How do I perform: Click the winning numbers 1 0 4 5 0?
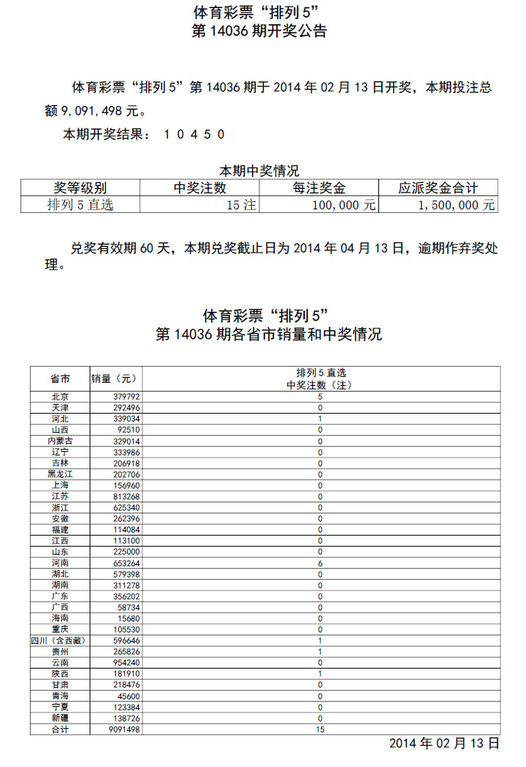point(194,134)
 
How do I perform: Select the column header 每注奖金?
point(319,188)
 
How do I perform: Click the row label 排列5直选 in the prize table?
point(81,205)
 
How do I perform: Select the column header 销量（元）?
point(114,379)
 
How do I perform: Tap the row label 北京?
point(60,397)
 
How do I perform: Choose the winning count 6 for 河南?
point(320,563)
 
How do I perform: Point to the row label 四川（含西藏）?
point(60,641)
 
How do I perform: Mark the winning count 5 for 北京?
point(320,397)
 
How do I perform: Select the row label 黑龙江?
point(60,475)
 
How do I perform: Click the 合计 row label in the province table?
point(60,730)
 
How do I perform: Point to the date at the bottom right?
point(444,743)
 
